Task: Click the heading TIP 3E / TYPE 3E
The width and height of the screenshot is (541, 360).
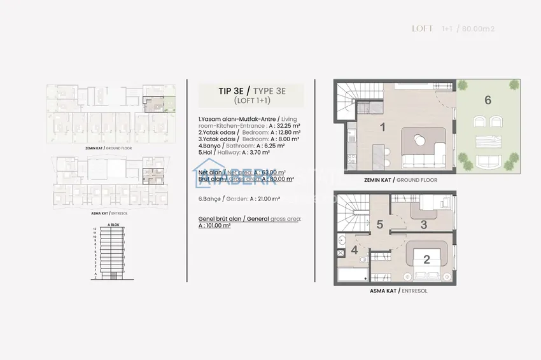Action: tap(242, 91)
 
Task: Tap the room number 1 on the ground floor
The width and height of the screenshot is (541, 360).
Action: tap(383, 127)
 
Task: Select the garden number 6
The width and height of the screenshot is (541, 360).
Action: tap(488, 99)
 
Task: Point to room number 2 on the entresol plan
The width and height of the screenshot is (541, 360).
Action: tap(426, 259)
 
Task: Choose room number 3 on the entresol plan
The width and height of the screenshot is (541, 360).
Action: tap(424, 224)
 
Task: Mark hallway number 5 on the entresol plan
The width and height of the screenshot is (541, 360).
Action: tap(379, 224)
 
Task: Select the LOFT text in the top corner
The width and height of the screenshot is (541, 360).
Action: tap(422, 29)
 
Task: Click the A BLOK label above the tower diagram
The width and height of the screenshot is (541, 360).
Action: tap(114, 225)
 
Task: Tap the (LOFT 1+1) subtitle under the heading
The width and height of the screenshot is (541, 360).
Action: tap(242, 101)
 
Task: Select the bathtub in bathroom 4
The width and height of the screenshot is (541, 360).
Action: tap(351, 275)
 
